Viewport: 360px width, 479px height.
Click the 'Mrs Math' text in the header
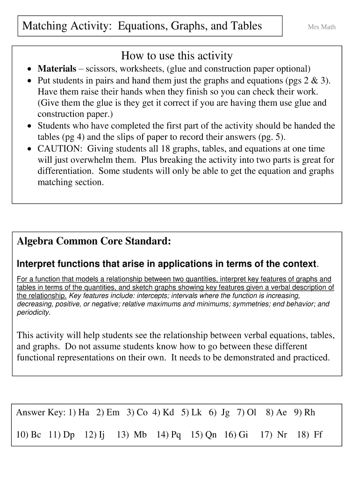pos(321,27)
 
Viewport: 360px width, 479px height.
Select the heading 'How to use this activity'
pos(177,56)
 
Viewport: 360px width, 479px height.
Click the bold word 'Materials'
pos(57,69)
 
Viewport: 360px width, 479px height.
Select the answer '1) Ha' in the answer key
pos(79,412)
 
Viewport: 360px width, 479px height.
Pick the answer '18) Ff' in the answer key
pos(310,435)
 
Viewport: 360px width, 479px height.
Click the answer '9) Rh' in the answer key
pos(304,412)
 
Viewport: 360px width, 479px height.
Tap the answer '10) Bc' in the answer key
pos(29,435)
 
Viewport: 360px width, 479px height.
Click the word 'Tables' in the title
pos(245,26)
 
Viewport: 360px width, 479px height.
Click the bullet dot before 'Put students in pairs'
pos(29,80)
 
